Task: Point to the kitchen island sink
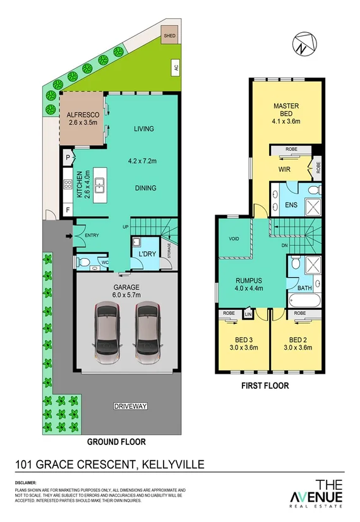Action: pyautogui.click(x=100, y=184)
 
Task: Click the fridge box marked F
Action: pyautogui.click(x=68, y=210)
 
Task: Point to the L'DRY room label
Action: pyautogui.click(x=147, y=254)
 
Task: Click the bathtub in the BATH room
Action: pyautogui.click(x=306, y=300)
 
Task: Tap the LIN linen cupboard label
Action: pyautogui.click(x=248, y=314)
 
